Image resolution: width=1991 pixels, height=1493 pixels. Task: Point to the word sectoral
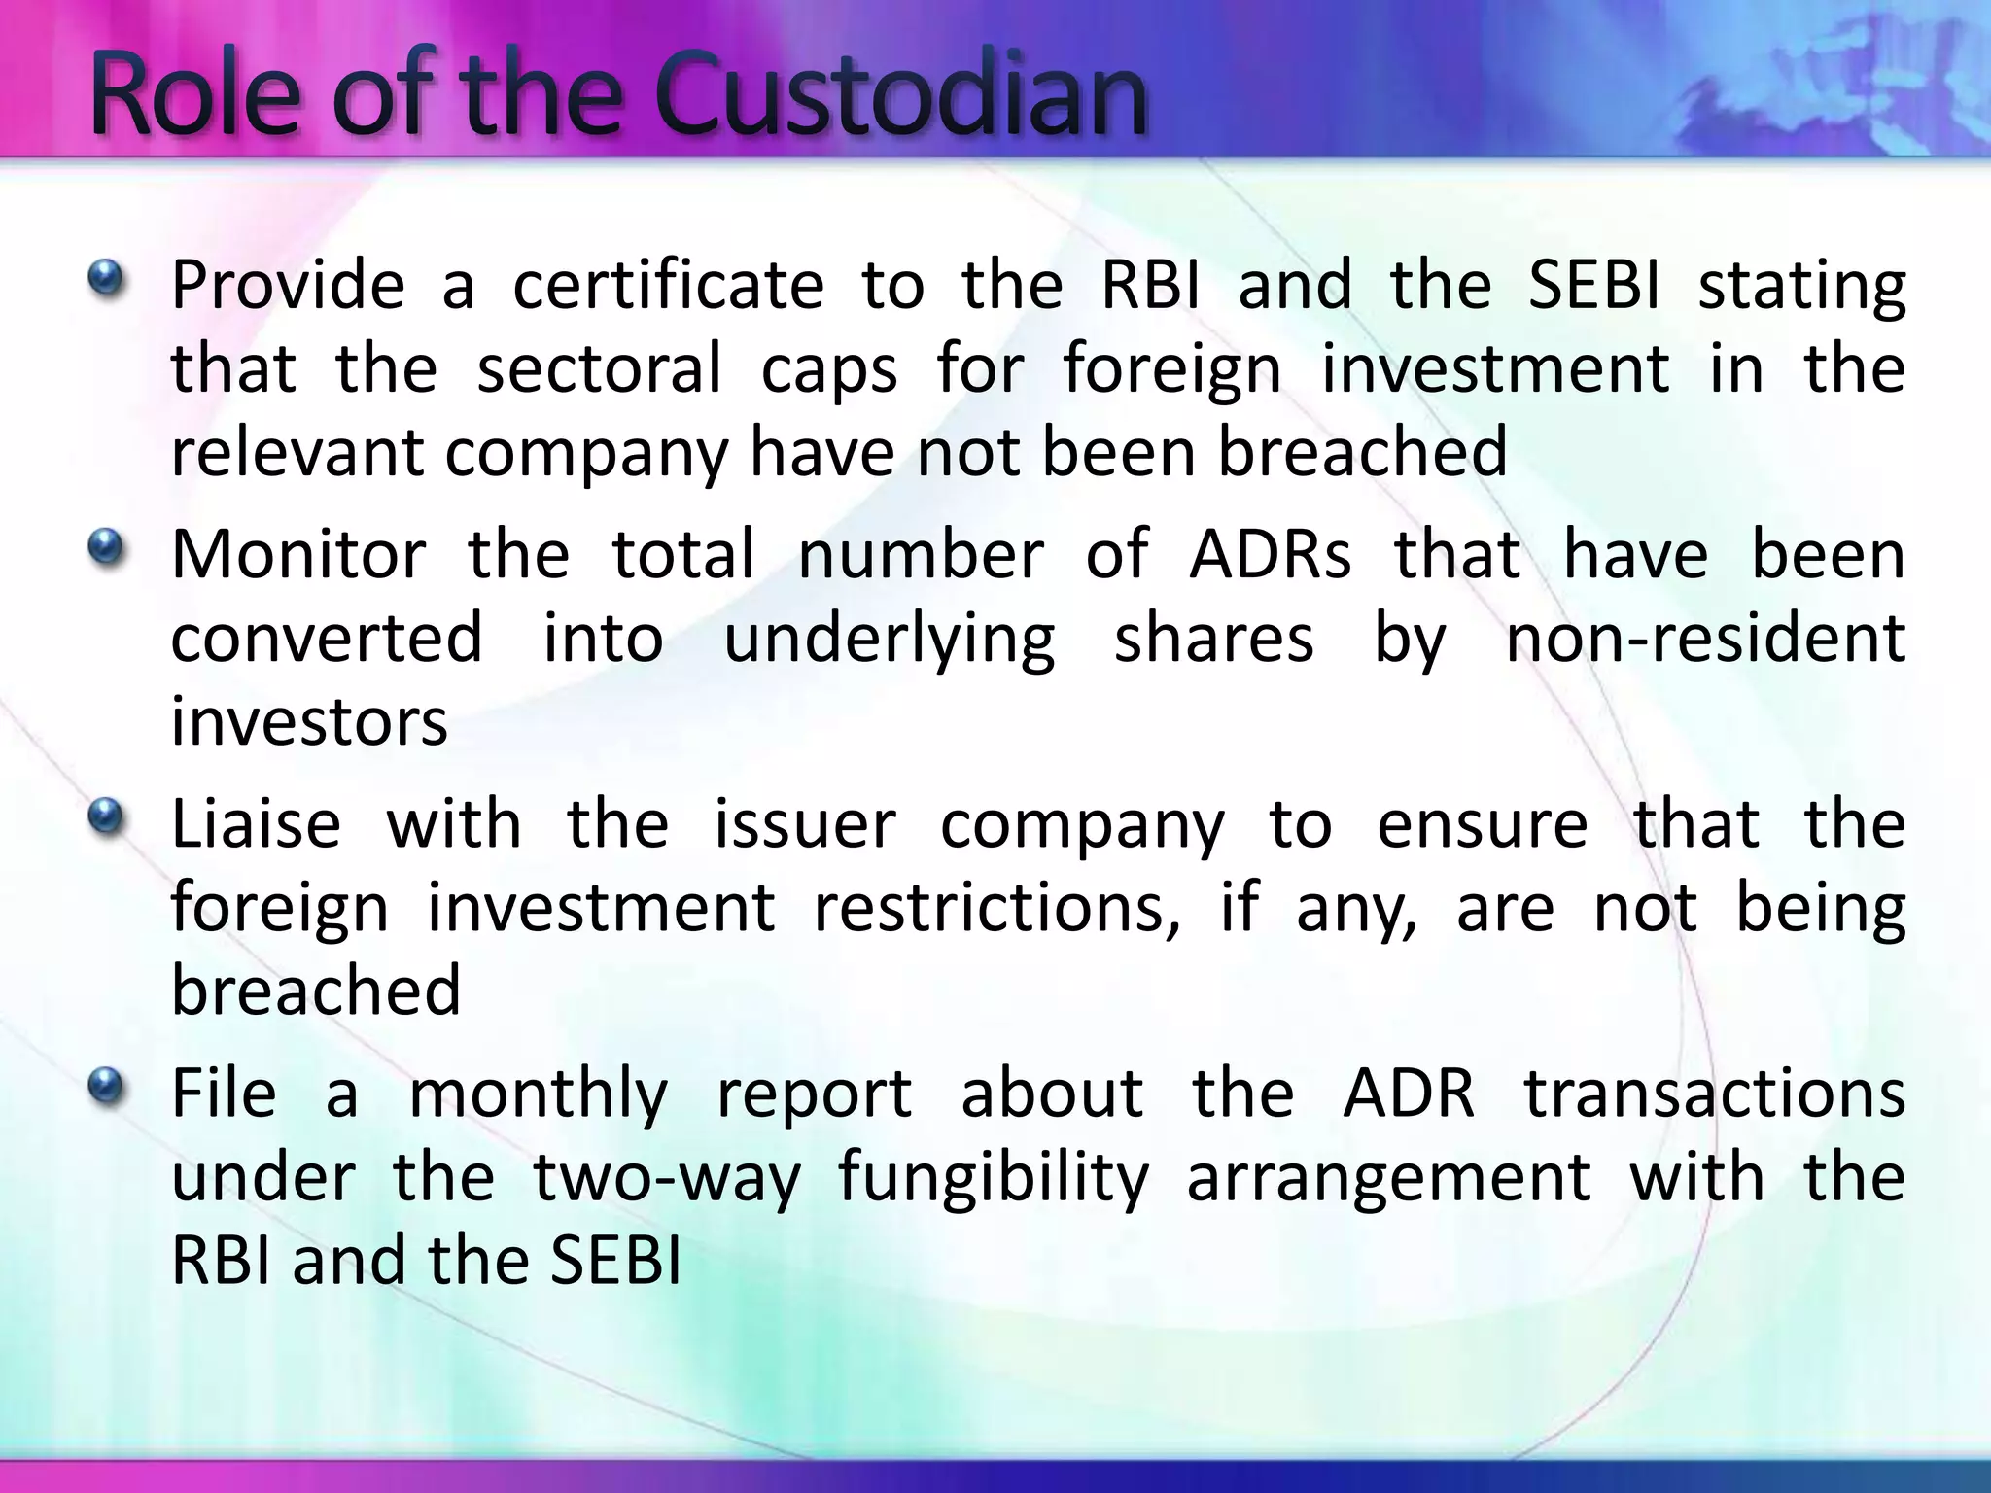pyautogui.click(x=599, y=368)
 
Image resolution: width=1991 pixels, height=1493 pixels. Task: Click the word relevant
pyautogui.click(x=297, y=452)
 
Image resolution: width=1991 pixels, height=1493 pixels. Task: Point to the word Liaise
pyautogui.click(x=257, y=823)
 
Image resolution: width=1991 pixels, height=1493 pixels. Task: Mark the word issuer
pyautogui.click(x=805, y=823)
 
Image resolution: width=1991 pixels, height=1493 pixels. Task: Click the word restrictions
pyautogui.click(x=997, y=908)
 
